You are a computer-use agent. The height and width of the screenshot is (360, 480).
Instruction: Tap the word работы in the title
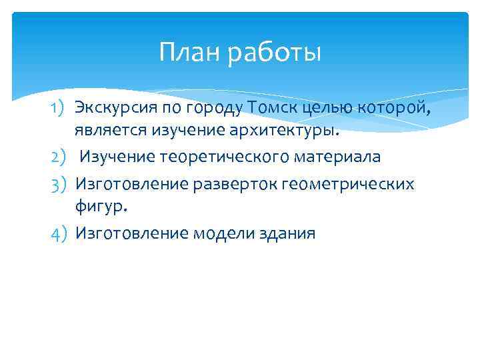coord(274,54)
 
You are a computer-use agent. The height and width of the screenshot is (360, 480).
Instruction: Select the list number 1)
coord(59,107)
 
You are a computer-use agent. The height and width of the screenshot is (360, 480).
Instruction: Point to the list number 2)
coord(59,157)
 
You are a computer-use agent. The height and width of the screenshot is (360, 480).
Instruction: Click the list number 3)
coord(59,183)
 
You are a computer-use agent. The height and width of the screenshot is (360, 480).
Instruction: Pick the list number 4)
coord(59,233)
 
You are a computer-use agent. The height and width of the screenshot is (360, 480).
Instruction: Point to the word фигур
coord(100,207)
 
